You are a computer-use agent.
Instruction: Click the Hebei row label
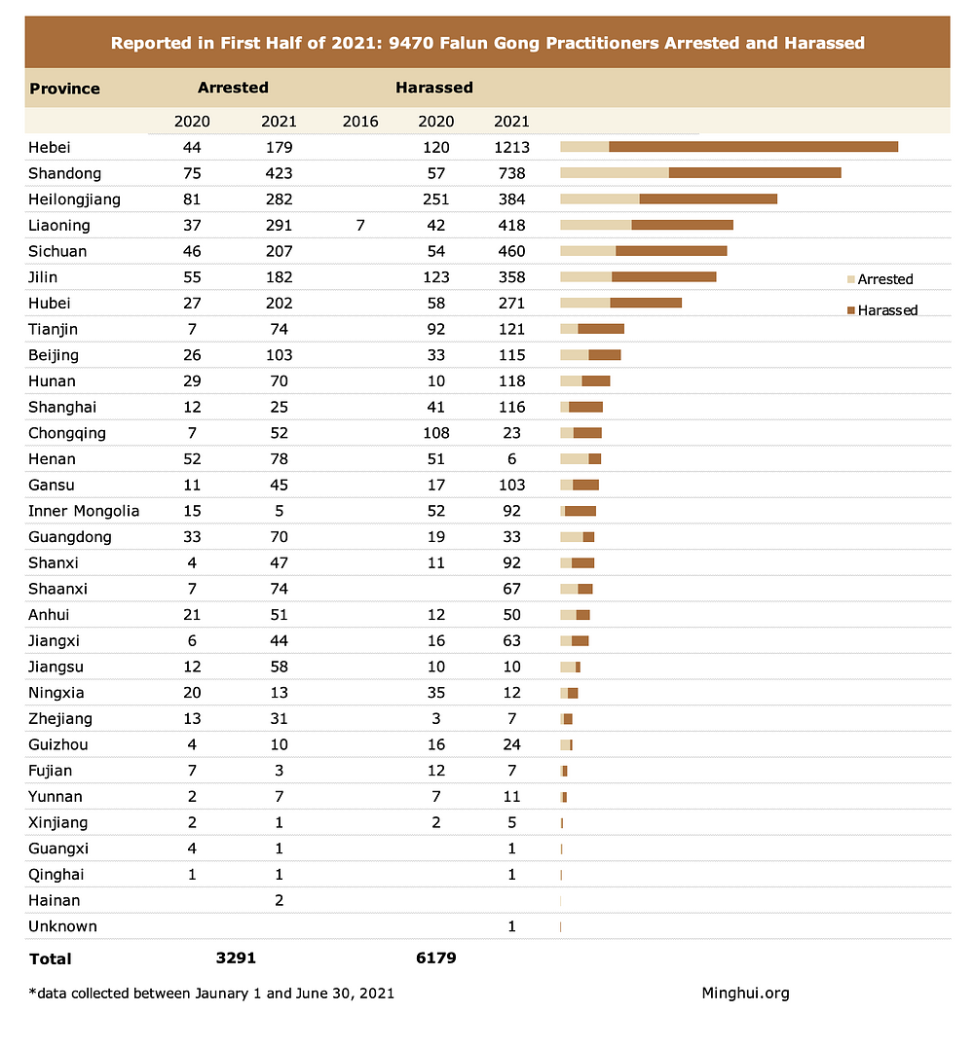pyautogui.click(x=50, y=148)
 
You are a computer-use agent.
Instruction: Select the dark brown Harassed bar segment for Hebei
pyautogui.click(x=753, y=147)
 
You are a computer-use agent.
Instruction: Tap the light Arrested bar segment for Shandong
pyautogui.click(x=615, y=173)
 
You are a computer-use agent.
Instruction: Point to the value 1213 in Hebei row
pyautogui.click(x=511, y=148)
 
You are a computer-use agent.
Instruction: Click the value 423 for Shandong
pyautogui.click(x=279, y=173)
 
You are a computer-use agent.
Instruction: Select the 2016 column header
pyautogui.click(x=360, y=122)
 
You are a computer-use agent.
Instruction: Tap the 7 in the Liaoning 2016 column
pyautogui.click(x=360, y=226)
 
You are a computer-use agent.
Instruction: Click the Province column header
pyautogui.click(x=64, y=89)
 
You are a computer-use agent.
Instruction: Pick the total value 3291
pyautogui.click(x=235, y=958)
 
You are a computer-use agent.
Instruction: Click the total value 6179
pyautogui.click(x=435, y=958)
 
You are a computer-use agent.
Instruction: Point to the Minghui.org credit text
pyautogui.click(x=745, y=993)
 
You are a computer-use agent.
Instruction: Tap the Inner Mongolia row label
pyautogui.click(x=84, y=511)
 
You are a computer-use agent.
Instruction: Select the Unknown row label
pyautogui.click(x=62, y=926)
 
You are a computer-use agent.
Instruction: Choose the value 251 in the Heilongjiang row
pyautogui.click(x=435, y=199)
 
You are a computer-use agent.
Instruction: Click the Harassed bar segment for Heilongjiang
pyautogui.click(x=708, y=199)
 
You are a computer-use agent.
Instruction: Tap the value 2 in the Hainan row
pyautogui.click(x=279, y=900)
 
